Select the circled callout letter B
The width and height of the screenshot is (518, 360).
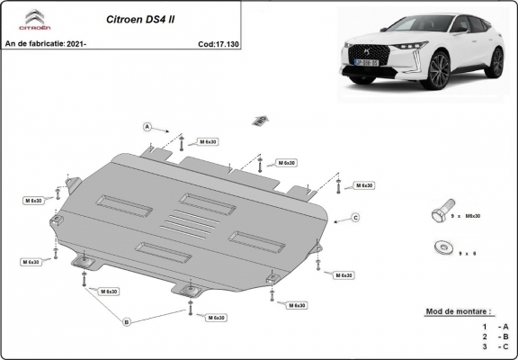[127, 321]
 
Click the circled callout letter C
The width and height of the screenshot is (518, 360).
[355, 218]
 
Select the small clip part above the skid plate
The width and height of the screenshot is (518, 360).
[261, 120]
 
